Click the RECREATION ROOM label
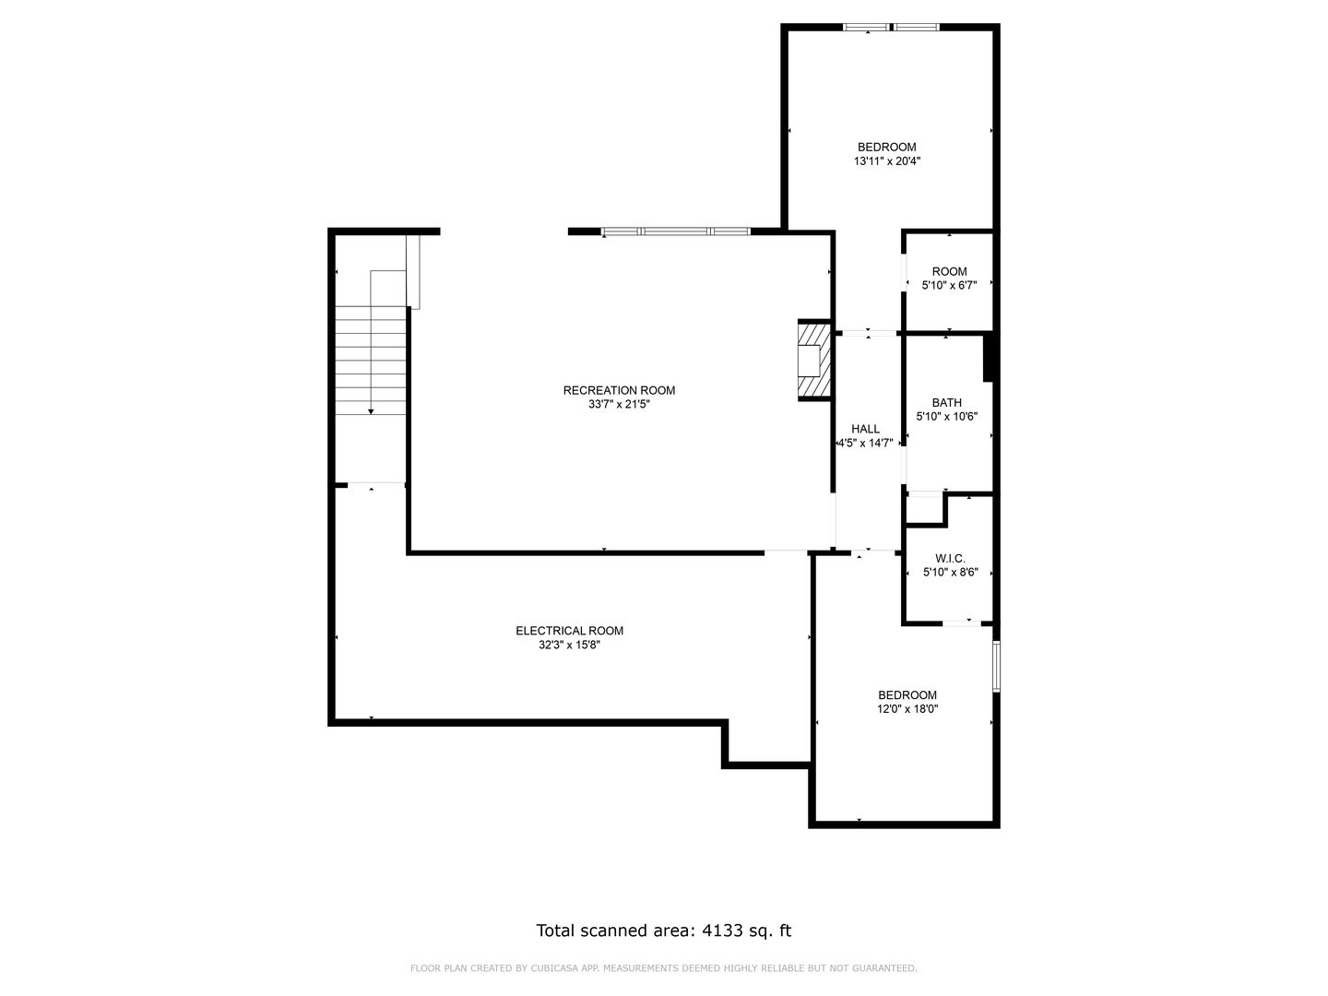[x=619, y=391]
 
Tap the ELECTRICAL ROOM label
[x=569, y=631]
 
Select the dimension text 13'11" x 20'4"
[x=887, y=161]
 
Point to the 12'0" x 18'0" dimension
[x=907, y=709]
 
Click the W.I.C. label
[x=951, y=559]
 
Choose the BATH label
[x=947, y=403]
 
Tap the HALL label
[x=865, y=429]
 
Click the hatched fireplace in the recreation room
[x=814, y=361]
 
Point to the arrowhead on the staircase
[x=371, y=412]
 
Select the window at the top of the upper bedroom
[x=891, y=28]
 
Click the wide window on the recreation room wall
[x=676, y=231]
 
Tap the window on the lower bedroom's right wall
[x=996, y=666]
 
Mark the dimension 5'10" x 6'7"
[x=949, y=286]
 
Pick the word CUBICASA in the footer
[x=552, y=968]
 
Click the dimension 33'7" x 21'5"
[x=619, y=405]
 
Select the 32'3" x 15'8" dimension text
[x=569, y=646]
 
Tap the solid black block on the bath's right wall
[x=988, y=357]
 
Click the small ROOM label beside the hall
[x=949, y=271]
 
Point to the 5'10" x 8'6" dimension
[x=951, y=572]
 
